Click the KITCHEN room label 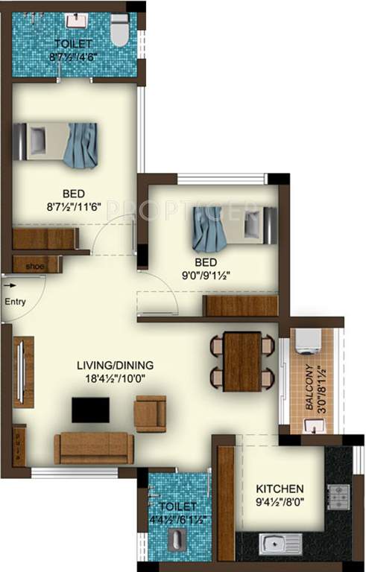[280, 489]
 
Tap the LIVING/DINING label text [116, 365]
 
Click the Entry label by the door [15, 302]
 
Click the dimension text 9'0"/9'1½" [206, 275]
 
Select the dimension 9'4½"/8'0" [280, 502]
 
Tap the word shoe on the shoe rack [34, 265]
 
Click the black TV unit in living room [90, 410]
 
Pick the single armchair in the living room [150, 413]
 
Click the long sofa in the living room [93, 448]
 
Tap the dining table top [242, 360]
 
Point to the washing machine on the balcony [308, 340]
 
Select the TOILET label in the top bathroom [73, 43]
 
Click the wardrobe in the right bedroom [240, 305]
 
